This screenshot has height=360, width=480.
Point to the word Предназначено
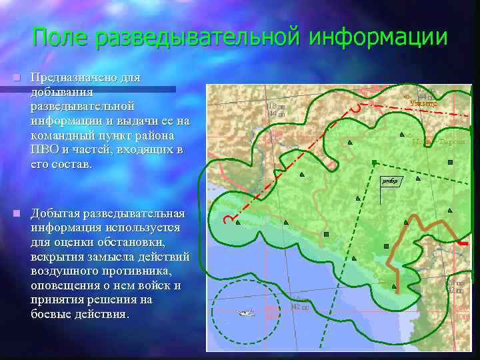85,77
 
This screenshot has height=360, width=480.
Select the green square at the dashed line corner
374,161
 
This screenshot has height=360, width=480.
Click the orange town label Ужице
423,103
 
